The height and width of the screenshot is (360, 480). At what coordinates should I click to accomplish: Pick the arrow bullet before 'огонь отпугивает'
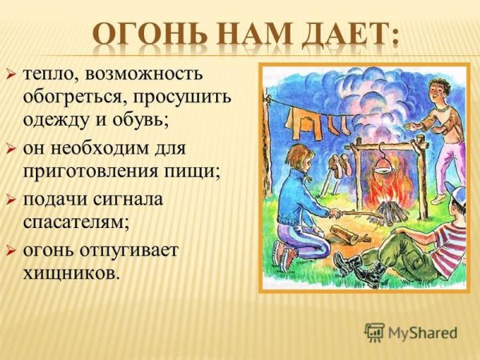[x=11, y=250]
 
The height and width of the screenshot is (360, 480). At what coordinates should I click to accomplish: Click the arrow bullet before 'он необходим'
[x=11, y=149]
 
